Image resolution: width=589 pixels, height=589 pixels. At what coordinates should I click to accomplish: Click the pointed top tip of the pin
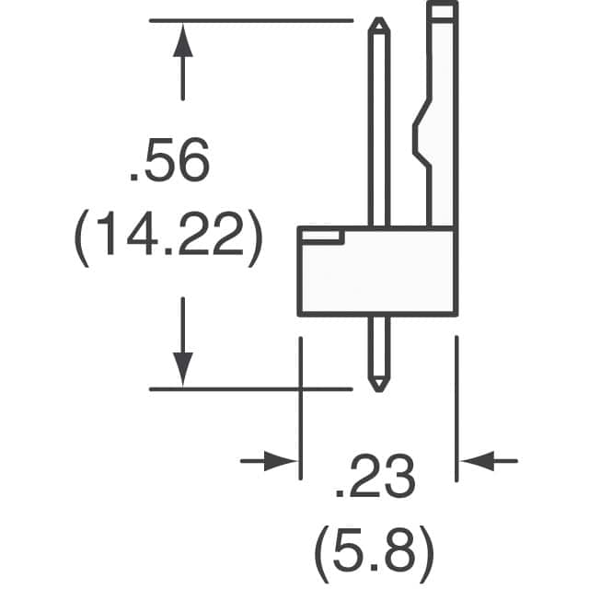tap(377, 22)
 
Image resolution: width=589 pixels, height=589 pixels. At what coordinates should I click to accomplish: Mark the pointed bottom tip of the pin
tap(377, 385)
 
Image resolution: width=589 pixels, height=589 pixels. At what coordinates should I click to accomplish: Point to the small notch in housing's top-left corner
tap(321, 237)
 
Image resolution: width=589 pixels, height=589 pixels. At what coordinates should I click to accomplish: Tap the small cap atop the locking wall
tap(442, 11)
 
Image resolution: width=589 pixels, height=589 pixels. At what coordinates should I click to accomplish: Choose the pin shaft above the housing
tap(377, 129)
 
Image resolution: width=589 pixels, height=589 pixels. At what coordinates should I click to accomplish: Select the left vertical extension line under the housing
tap(301, 405)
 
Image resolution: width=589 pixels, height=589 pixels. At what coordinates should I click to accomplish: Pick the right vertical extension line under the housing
tap(457, 405)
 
